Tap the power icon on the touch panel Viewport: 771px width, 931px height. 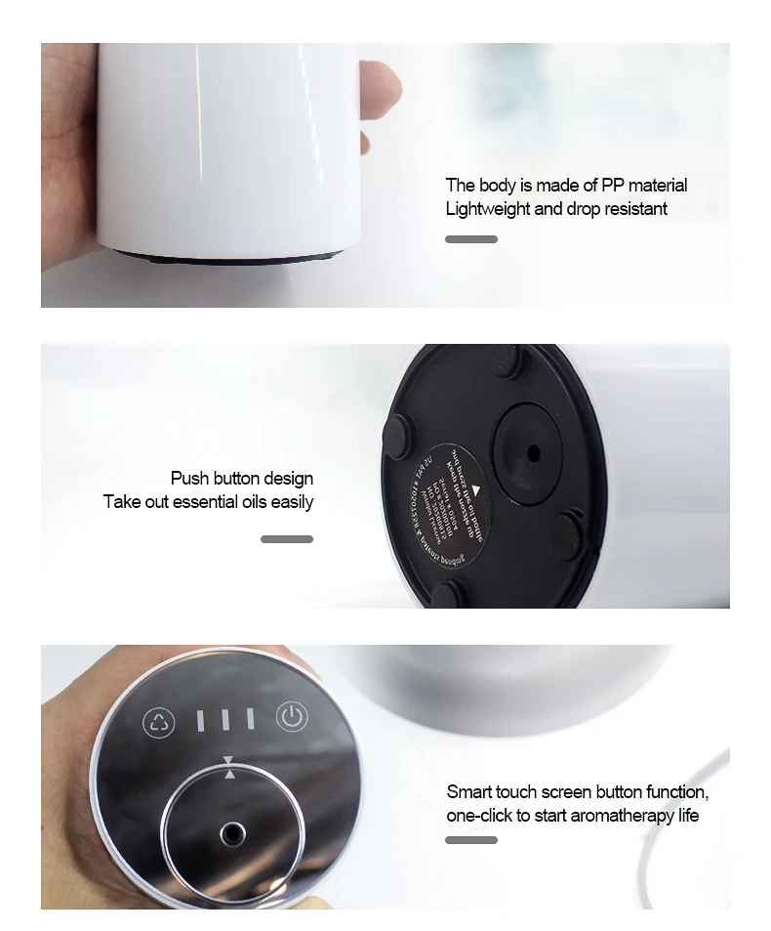292,718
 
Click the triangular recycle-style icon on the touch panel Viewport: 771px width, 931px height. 159,723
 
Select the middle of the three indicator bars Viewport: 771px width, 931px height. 224,720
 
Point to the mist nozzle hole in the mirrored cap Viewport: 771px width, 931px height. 232,833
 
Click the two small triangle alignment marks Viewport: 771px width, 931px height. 229,767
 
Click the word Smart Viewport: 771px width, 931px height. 469,792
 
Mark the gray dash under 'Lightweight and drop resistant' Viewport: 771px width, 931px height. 471,239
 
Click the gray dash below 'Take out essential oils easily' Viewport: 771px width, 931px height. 287,539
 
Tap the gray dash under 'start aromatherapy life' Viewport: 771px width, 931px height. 471,840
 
